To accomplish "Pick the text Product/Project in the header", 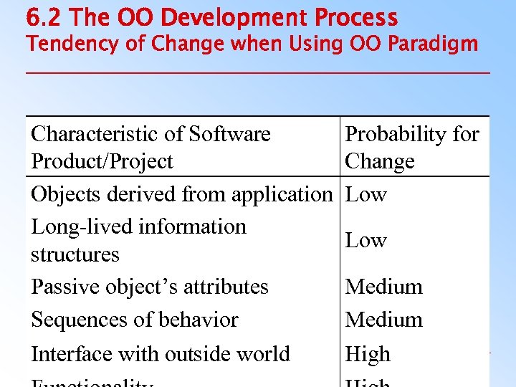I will coord(102,161).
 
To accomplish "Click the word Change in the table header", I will coord(380,161).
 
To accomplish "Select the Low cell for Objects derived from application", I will coord(365,194).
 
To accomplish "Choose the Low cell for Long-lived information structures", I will coord(365,240).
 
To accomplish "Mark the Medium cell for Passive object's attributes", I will coord(384,287).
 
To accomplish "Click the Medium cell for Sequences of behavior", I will coord(384,320).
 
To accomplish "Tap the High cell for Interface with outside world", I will coord(368,354).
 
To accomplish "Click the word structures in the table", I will coord(75,254).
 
